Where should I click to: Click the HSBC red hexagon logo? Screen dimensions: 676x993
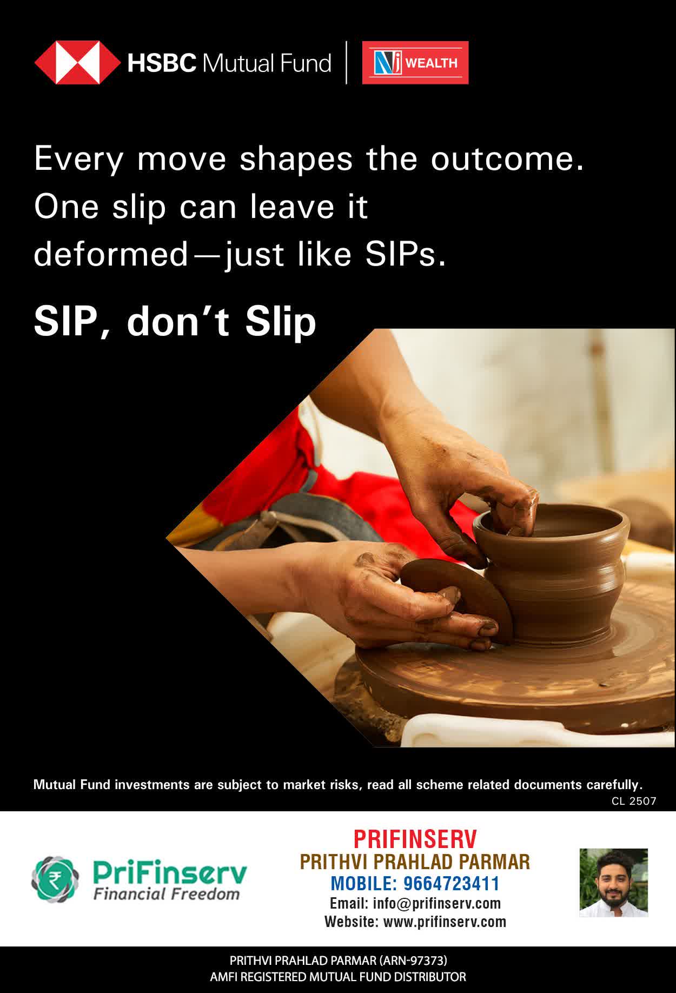point(77,63)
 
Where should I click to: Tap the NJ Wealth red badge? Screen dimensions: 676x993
point(415,63)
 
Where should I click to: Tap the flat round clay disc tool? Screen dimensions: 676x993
point(457,600)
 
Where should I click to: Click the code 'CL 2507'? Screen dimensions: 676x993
point(634,801)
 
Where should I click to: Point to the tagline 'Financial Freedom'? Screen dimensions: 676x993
point(166,894)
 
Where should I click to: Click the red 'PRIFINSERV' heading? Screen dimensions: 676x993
point(415,839)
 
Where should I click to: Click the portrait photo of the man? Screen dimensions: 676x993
point(613,883)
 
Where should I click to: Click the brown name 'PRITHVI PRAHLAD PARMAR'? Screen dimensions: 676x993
point(415,862)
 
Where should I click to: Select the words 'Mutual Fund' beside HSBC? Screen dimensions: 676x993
point(266,63)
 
